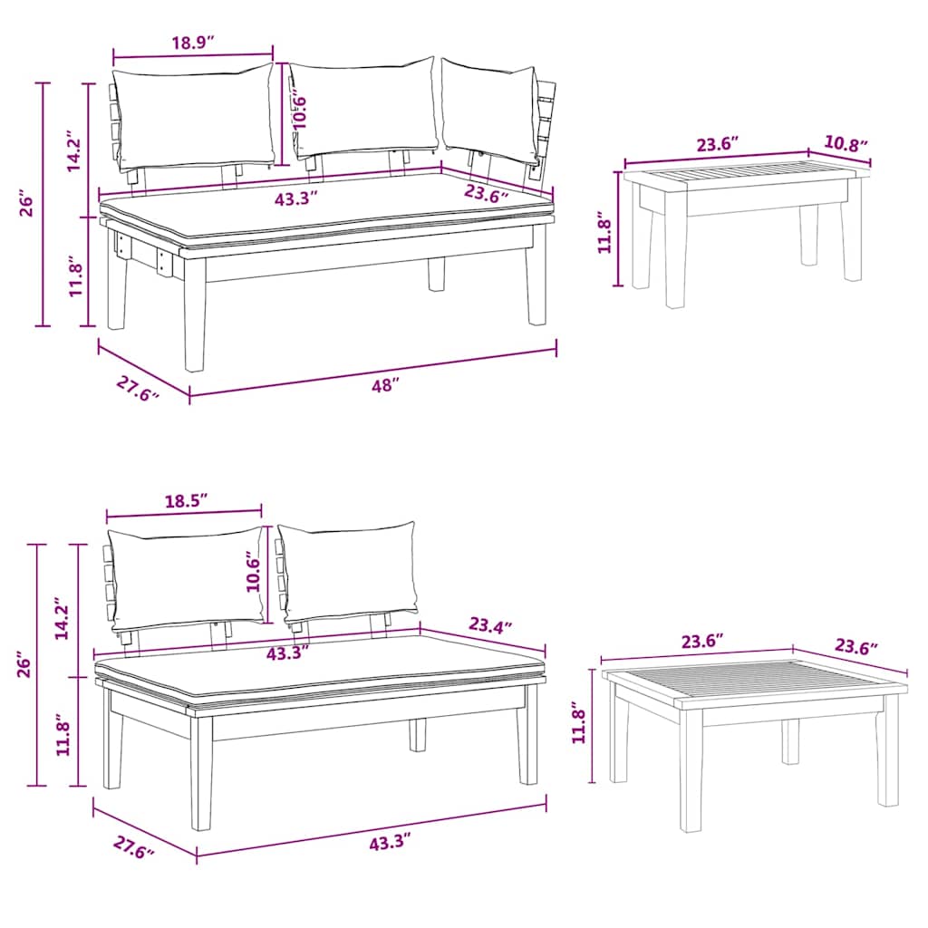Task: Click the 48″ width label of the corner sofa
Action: pos(385,385)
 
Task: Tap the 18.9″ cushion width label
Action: pos(192,41)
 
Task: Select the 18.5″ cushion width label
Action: pos(186,500)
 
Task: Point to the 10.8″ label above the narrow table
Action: pos(846,143)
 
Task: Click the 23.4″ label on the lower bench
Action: pos(490,625)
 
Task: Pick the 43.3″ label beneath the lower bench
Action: pos(383,843)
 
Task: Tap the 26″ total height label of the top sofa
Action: pos(27,204)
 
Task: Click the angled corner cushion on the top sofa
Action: pos(489,109)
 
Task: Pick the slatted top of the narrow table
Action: pos(743,172)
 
